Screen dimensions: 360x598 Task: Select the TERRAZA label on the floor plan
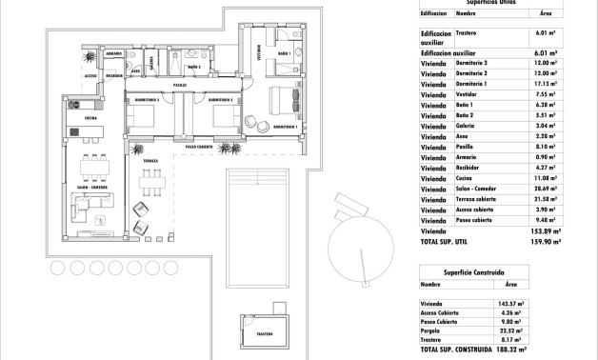coord(150,162)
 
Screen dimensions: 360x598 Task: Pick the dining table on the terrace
coord(149,187)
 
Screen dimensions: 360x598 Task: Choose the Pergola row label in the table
coord(434,330)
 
